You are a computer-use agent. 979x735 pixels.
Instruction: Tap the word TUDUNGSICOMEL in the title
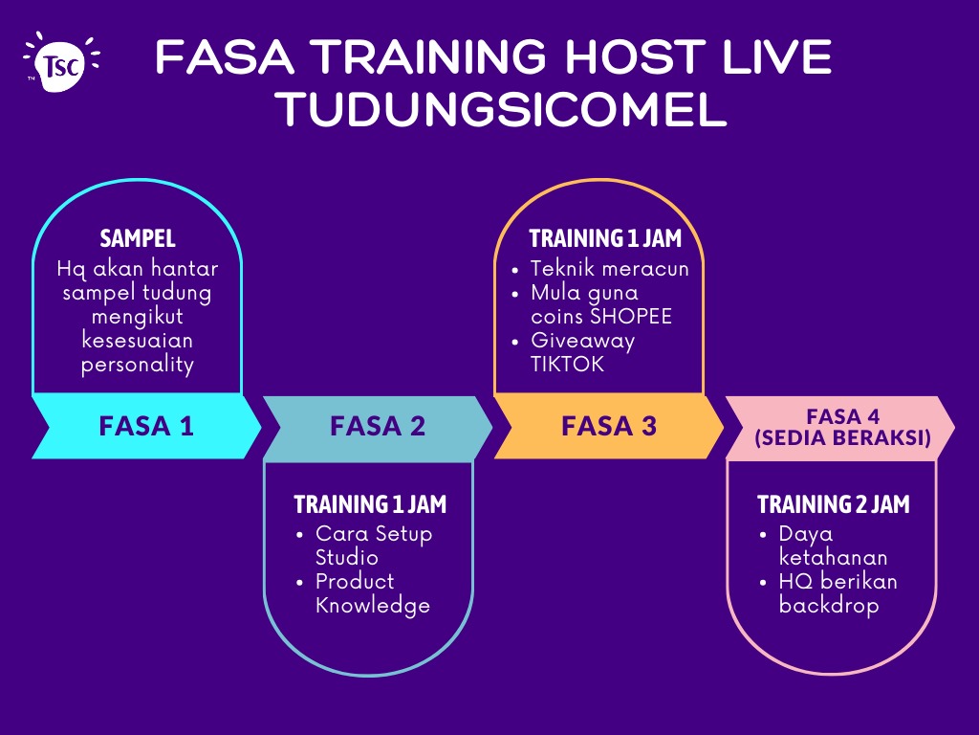pyautogui.click(x=503, y=109)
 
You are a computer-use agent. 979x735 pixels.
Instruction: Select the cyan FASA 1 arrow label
pyautogui.click(x=146, y=426)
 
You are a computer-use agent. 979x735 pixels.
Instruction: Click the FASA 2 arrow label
pyautogui.click(x=378, y=426)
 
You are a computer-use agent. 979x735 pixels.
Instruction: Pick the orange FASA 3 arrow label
pyautogui.click(x=609, y=426)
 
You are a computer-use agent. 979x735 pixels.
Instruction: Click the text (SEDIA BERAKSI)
pyautogui.click(x=843, y=437)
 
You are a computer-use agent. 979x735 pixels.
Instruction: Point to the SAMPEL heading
pyautogui.click(x=138, y=238)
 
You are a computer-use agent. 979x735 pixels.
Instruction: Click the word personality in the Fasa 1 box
pyautogui.click(x=138, y=365)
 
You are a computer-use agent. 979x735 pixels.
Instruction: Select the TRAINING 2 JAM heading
pyautogui.click(x=834, y=504)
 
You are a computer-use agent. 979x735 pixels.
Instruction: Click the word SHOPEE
pyautogui.click(x=631, y=316)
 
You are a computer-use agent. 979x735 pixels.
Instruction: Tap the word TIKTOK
pyautogui.click(x=568, y=364)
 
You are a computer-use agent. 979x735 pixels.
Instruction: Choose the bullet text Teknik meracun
pyautogui.click(x=609, y=269)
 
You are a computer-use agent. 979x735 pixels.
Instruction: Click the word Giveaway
pyautogui.click(x=582, y=342)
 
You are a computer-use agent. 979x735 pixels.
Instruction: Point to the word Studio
pyautogui.click(x=346, y=557)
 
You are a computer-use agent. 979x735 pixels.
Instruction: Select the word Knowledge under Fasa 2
pyautogui.click(x=373, y=606)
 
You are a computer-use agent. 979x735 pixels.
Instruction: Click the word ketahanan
pyautogui.click(x=833, y=557)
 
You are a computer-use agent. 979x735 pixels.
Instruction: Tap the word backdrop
pyautogui.click(x=829, y=606)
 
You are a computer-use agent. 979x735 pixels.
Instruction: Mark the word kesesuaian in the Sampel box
pyautogui.click(x=138, y=341)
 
